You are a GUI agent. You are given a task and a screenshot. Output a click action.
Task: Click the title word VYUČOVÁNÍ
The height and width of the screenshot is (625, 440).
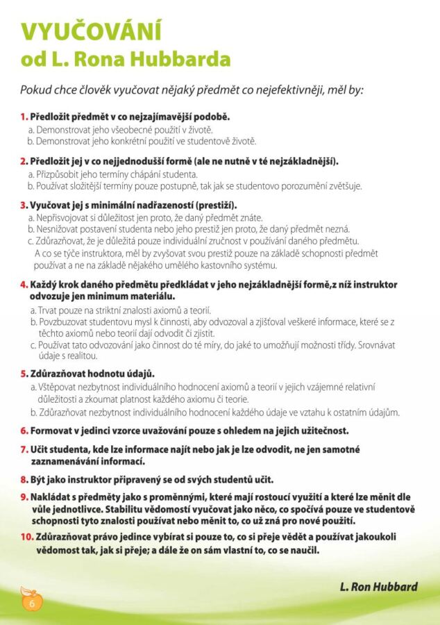(91, 31)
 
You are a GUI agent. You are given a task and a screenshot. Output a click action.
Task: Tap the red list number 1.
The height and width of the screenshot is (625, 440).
(24, 116)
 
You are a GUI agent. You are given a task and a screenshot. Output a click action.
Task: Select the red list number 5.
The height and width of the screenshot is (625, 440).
(24, 374)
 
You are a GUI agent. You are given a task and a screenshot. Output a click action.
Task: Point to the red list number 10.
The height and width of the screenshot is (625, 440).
(26, 537)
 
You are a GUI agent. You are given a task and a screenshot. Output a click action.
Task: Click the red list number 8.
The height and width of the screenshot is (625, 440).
(24, 480)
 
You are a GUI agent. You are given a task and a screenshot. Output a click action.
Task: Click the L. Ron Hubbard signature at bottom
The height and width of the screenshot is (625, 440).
(379, 587)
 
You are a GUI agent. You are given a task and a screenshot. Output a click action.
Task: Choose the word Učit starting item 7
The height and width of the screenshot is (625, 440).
(40, 450)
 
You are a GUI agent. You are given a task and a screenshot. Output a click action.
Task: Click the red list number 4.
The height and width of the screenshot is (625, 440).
(24, 285)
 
